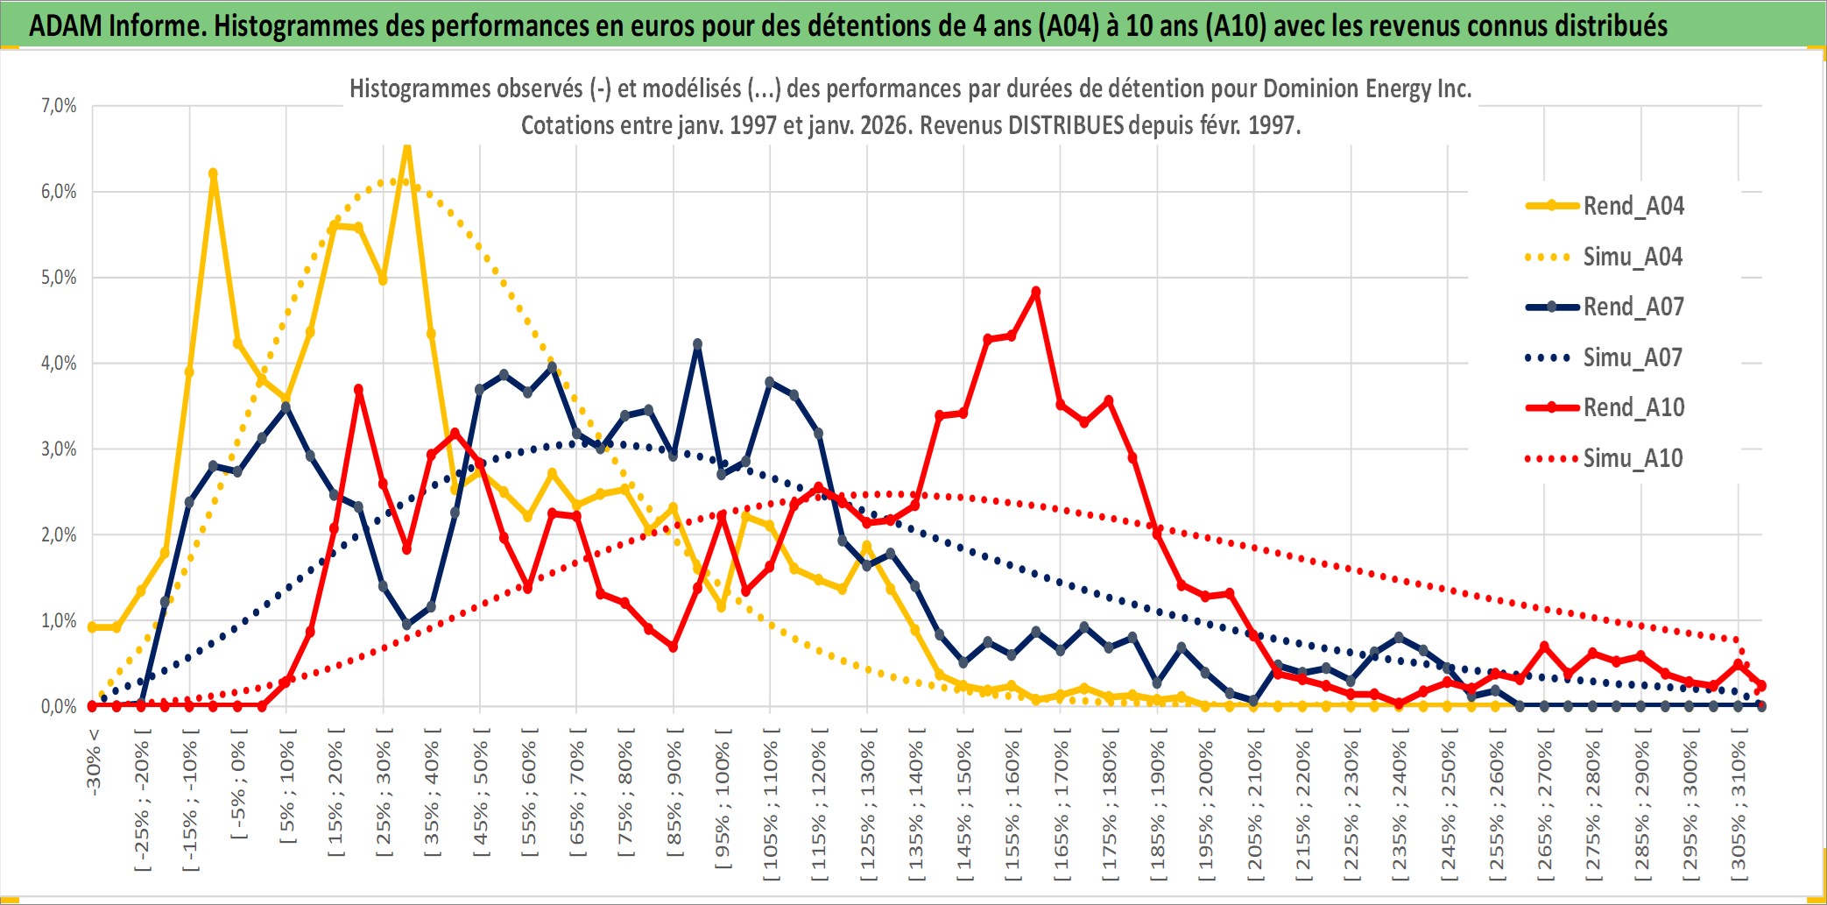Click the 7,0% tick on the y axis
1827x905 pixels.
[x=59, y=106]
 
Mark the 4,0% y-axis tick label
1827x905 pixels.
[x=59, y=363]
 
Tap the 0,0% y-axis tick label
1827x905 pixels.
[x=59, y=706]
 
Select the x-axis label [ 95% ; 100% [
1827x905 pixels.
[x=723, y=806]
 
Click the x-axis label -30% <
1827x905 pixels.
[x=94, y=762]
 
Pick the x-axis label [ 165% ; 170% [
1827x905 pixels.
[x=1062, y=806]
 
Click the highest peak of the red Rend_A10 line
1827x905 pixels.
[x=1036, y=292]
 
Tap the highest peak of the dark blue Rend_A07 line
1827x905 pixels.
[x=697, y=344]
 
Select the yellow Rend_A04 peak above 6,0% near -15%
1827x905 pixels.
[x=213, y=173]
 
